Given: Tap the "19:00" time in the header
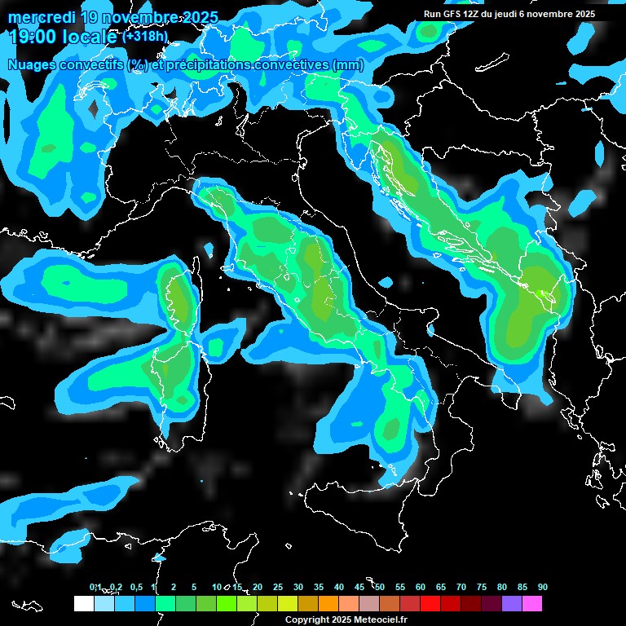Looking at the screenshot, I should click(29, 36).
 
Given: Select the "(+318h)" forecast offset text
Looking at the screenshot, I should click(145, 37).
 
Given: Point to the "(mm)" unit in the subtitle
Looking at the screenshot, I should click(347, 65).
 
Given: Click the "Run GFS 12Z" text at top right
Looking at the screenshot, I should click(452, 14).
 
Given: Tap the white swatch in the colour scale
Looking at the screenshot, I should click(83, 604).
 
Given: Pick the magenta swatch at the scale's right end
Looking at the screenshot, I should click(532, 604).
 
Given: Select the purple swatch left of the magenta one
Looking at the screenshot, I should click(512, 604).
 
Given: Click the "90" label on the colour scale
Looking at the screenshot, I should click(543, 587).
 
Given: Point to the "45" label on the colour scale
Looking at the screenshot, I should click(359, 587).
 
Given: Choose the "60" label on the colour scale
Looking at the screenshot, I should click(421, 587).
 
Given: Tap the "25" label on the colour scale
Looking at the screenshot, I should click(278, 587).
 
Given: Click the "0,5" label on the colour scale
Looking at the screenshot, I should click(135, 587).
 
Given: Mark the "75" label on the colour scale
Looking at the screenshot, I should click(482, 587).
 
